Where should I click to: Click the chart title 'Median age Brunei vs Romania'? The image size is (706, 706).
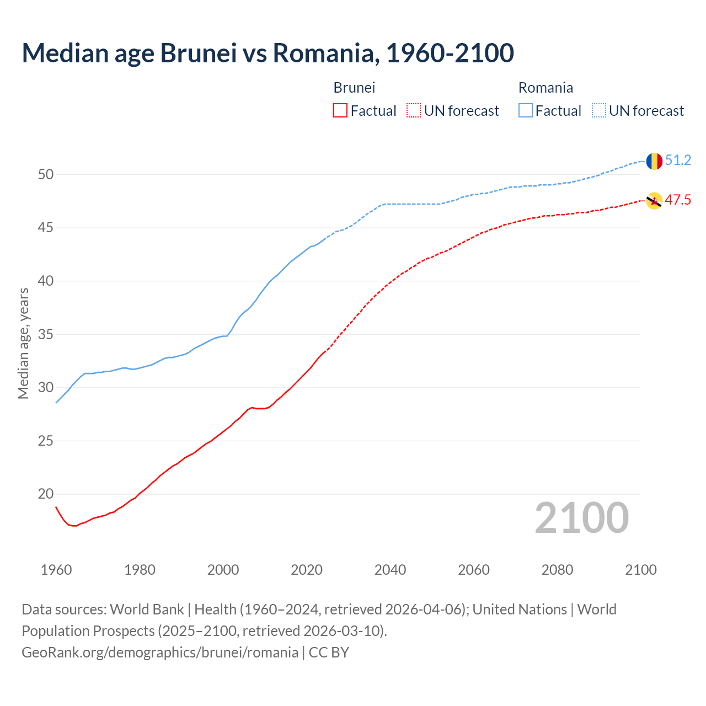coord(268,53)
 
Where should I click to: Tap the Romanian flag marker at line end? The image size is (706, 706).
coord(654,161)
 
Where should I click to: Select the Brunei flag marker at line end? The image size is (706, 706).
coord(654,201)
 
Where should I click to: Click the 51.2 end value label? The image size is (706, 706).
coord(678,161)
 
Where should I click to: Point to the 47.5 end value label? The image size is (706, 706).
coord(678,200)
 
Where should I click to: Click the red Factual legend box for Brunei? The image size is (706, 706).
coord(340,111)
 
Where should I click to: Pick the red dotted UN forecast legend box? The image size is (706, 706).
coord(414,111)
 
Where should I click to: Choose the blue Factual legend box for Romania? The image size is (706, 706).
coord(526,111)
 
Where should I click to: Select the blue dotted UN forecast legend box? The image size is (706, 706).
coord(599,111)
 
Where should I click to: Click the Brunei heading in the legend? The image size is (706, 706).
coord(354,88)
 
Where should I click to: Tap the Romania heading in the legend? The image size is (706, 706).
coord(545,88)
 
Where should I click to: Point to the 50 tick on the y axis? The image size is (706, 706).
coord(46,175)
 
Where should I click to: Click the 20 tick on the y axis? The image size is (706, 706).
coord(46,494)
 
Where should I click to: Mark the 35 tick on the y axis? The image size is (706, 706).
coord(46,334)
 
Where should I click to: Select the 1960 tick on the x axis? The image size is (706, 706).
coord(56,570)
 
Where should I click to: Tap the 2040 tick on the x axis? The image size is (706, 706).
coord(390,570)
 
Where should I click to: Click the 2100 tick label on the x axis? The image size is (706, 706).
coord(640,570)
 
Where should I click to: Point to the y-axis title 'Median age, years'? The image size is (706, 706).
coord(23,343)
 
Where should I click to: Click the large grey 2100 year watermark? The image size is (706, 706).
coord(581,518)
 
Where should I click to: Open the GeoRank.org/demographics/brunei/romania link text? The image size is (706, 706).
coord(160,652)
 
